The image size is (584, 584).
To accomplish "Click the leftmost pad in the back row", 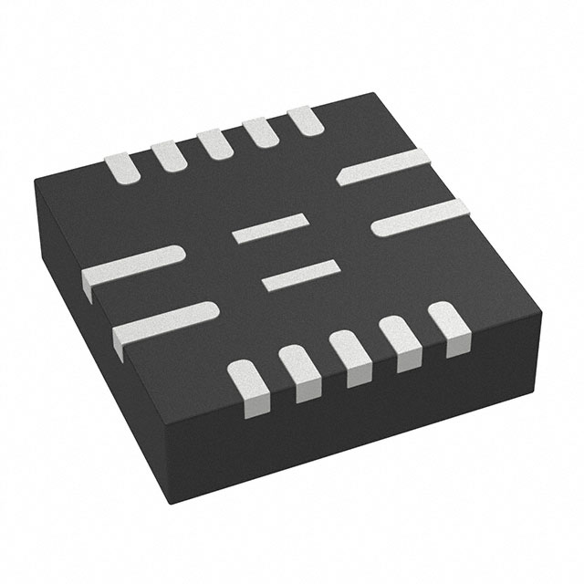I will pyautogui.click(x=122, y=166).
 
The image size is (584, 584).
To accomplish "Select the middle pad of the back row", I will pyautogui.click(x=214, y=144).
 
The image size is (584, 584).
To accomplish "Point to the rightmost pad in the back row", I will pyautogui.click(x=304, y=122).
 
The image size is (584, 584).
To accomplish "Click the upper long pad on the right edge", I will pyautogui.click(x=382, y=166).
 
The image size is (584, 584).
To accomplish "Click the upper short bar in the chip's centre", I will pyautogui.click(x=269, y=227).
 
